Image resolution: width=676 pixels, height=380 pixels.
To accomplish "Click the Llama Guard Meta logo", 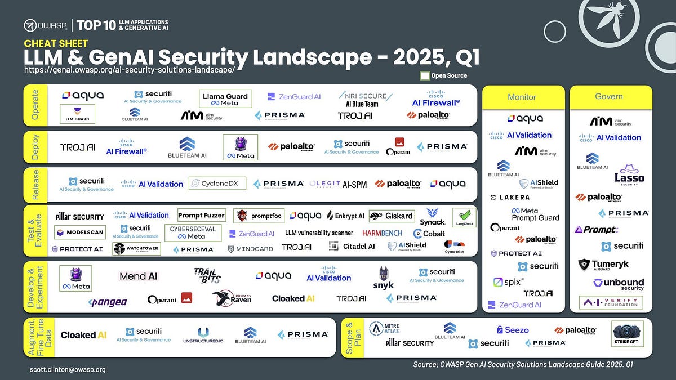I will [225, 99].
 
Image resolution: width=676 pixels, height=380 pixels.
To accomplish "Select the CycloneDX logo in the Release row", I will [211, 184].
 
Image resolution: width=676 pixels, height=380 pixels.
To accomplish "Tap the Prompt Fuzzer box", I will [202, 215].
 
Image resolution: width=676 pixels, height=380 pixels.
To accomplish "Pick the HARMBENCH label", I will [382, 233].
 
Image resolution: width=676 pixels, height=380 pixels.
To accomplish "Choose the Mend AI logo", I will [138, 276].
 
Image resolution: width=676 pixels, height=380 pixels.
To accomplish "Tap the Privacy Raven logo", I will [232, 298].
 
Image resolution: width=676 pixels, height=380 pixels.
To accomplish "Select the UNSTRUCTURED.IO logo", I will [203, 336].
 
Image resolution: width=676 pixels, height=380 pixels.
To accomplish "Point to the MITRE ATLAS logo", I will [384, 328].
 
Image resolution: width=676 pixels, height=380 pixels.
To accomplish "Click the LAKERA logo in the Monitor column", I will [510, 198].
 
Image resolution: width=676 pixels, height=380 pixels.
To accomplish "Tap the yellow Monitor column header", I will [522, 97].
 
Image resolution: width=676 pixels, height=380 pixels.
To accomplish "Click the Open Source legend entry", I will [443, 76].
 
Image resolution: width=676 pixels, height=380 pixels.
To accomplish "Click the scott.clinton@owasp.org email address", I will [68, 370].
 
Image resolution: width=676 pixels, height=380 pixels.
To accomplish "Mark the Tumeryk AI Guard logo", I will [603, 265].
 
